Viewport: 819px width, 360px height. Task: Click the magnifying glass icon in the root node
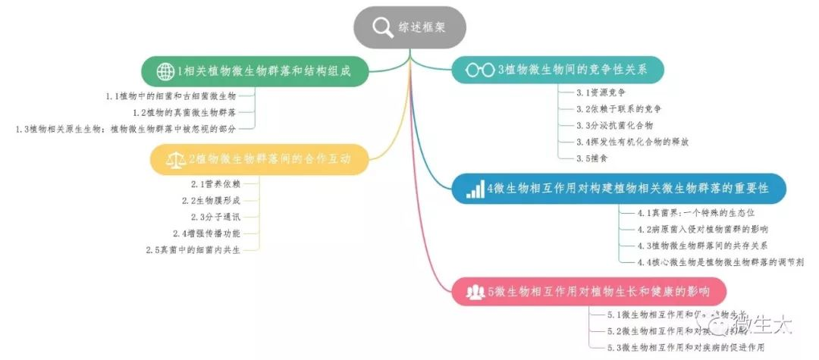tap(383, 27)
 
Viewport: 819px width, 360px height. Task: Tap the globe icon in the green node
tap(165, 72)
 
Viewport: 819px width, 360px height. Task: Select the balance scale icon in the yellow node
tap(175, 159)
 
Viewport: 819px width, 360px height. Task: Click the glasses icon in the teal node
tap(479, 70)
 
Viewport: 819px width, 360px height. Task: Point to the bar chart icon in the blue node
tap(475, 189)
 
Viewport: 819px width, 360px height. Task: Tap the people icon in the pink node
tap(475, 291)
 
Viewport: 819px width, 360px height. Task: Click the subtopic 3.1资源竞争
tap(601, 92)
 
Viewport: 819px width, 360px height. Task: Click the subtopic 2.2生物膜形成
tap(211, 200)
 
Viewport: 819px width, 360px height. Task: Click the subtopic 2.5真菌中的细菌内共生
tap(193, 250)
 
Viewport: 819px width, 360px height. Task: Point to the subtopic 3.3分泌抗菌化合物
tap(614, 125)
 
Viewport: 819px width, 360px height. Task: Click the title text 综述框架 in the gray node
tap(422, 27)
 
